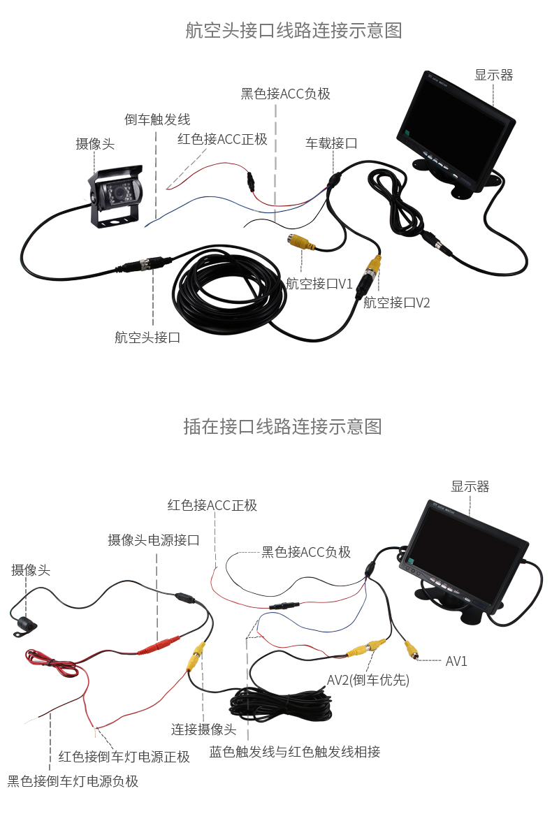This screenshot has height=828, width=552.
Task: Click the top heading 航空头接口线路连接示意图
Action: tap(293, 31)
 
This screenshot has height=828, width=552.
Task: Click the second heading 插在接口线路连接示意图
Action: tap(282, 426)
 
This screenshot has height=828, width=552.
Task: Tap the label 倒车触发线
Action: tap(157, 119)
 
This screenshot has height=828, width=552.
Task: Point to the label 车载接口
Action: tap(331, 143)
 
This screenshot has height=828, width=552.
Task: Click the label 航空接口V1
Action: tap(319, 284)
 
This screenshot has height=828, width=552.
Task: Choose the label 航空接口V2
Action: tap(396, 303)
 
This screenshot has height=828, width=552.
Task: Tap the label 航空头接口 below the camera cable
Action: tap(147, 337)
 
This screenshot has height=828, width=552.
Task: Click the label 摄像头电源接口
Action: tap(154, 540)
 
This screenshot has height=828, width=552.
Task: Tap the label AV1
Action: tap(456, 661)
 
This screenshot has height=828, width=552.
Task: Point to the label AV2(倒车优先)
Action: tap(368, 680)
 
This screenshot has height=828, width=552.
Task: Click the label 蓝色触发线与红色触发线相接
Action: tap(294, 752)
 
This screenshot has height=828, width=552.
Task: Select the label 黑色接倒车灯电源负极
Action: tap(73, 781)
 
